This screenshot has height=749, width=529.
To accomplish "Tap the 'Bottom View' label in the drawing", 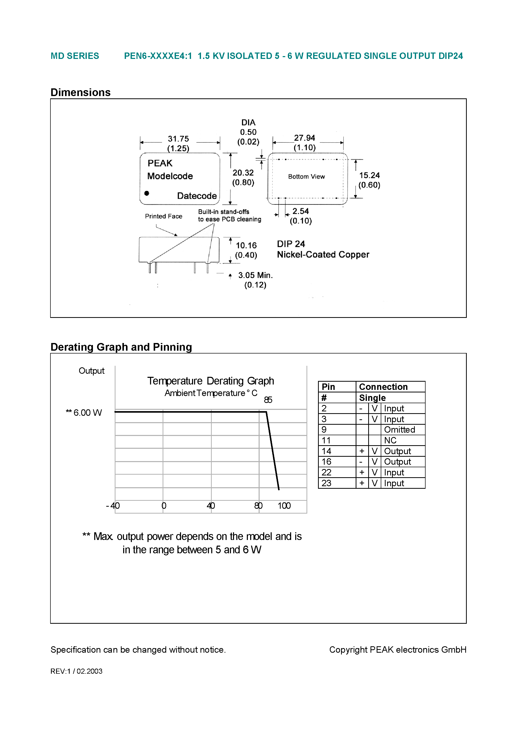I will click(306, 176).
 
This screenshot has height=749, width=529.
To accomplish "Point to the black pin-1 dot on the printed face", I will click(147, 193).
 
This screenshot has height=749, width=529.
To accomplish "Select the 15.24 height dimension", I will click(369, 175).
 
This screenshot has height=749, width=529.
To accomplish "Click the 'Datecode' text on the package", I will click(197, 196).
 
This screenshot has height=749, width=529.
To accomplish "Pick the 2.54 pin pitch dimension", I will click(300, 211).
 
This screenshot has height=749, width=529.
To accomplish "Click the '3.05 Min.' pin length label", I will click(255, 275).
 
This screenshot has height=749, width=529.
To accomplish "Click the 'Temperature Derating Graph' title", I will click(210, 381).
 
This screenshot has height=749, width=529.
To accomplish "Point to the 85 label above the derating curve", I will click(268, 400).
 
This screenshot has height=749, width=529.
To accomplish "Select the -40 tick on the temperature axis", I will click(113, 506).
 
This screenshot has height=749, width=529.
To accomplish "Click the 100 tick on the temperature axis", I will click(284, 506).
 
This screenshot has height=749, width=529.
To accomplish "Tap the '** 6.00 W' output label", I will click(84, 413).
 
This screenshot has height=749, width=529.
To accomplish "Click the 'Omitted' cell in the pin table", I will click(399, 430).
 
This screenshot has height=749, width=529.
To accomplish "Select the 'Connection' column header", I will click(383, 387).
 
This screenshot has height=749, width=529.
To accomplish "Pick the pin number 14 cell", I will click(326, 451).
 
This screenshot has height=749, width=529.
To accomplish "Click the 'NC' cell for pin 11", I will click(390, 440).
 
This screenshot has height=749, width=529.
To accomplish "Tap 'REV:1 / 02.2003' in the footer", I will click(76, 671).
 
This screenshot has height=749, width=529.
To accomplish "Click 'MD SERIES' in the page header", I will click(75, 56).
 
